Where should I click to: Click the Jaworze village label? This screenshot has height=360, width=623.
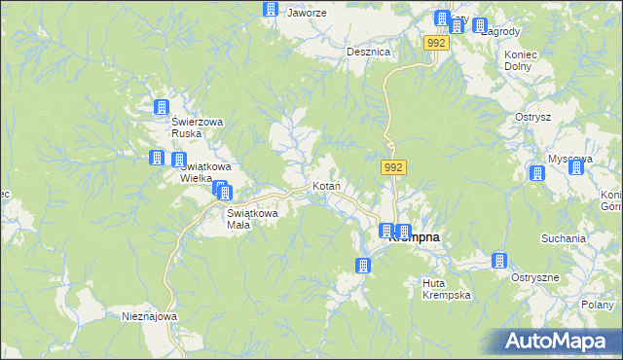pyautogui.click(x=306, y=14)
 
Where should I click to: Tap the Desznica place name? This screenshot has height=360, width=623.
pyautogui.click(x=369, y=53)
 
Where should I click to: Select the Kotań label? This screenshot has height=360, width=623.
pyautogui.click(x=324, y=186)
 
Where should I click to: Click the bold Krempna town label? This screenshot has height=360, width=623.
pyautogui.click(x=417, y=237)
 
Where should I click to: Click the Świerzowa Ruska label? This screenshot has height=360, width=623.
pyautogui.click(x=198, y=127)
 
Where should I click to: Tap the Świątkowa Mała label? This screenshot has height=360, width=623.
pyautogui.click(x=252, y=219)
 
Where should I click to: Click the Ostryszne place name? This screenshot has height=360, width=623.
pyautogui.click(x=536, y=277)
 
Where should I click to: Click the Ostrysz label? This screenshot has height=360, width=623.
pyautogui.click(x=533, y=117)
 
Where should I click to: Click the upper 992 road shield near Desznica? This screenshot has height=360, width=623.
pyautogui.click(x=437, y=44)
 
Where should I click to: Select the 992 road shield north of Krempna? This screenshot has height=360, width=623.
pyautogui.click(x=393, y=168)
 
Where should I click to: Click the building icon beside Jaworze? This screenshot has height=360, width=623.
pyautogui.click(x=270, y=10)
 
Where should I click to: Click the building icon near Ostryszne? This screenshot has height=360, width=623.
pyautogui.click(x=499, y=261)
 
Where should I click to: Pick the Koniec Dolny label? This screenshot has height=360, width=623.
pyautogui.click(x=518, y=60)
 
